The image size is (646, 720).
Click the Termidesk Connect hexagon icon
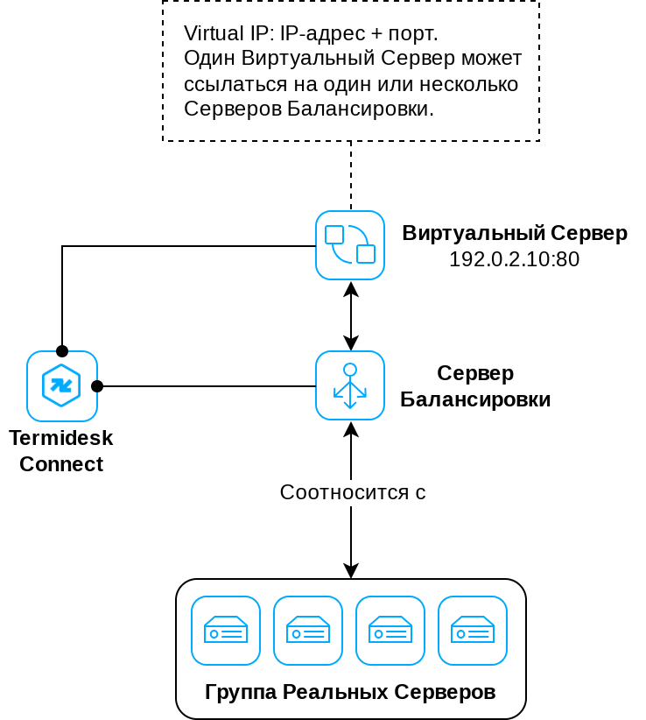click(61, 386)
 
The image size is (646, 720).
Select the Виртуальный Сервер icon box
click(350, 245)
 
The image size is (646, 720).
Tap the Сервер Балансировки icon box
click(350, 385)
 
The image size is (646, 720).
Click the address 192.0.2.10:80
click(514, 259)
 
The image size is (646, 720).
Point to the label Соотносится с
click(352, 492)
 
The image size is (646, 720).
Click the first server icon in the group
click(226, 631)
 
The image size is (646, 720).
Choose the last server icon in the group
click(473, 631)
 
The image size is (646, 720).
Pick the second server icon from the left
click(308, 631)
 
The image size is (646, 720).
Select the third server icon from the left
click(390, 631)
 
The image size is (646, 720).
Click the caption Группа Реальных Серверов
click(350, 692)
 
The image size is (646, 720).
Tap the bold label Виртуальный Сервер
click(515, 233)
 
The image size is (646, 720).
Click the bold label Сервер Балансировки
click(475, 386)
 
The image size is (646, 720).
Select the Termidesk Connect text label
click(61, 450)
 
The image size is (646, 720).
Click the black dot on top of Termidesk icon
click(62, 351)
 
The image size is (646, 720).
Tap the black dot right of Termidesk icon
click(97, 386)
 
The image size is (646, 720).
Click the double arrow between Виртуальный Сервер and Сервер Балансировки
click(351, 315)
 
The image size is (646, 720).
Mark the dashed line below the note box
click(351, 175)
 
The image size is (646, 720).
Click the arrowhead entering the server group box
click(351, 571)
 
